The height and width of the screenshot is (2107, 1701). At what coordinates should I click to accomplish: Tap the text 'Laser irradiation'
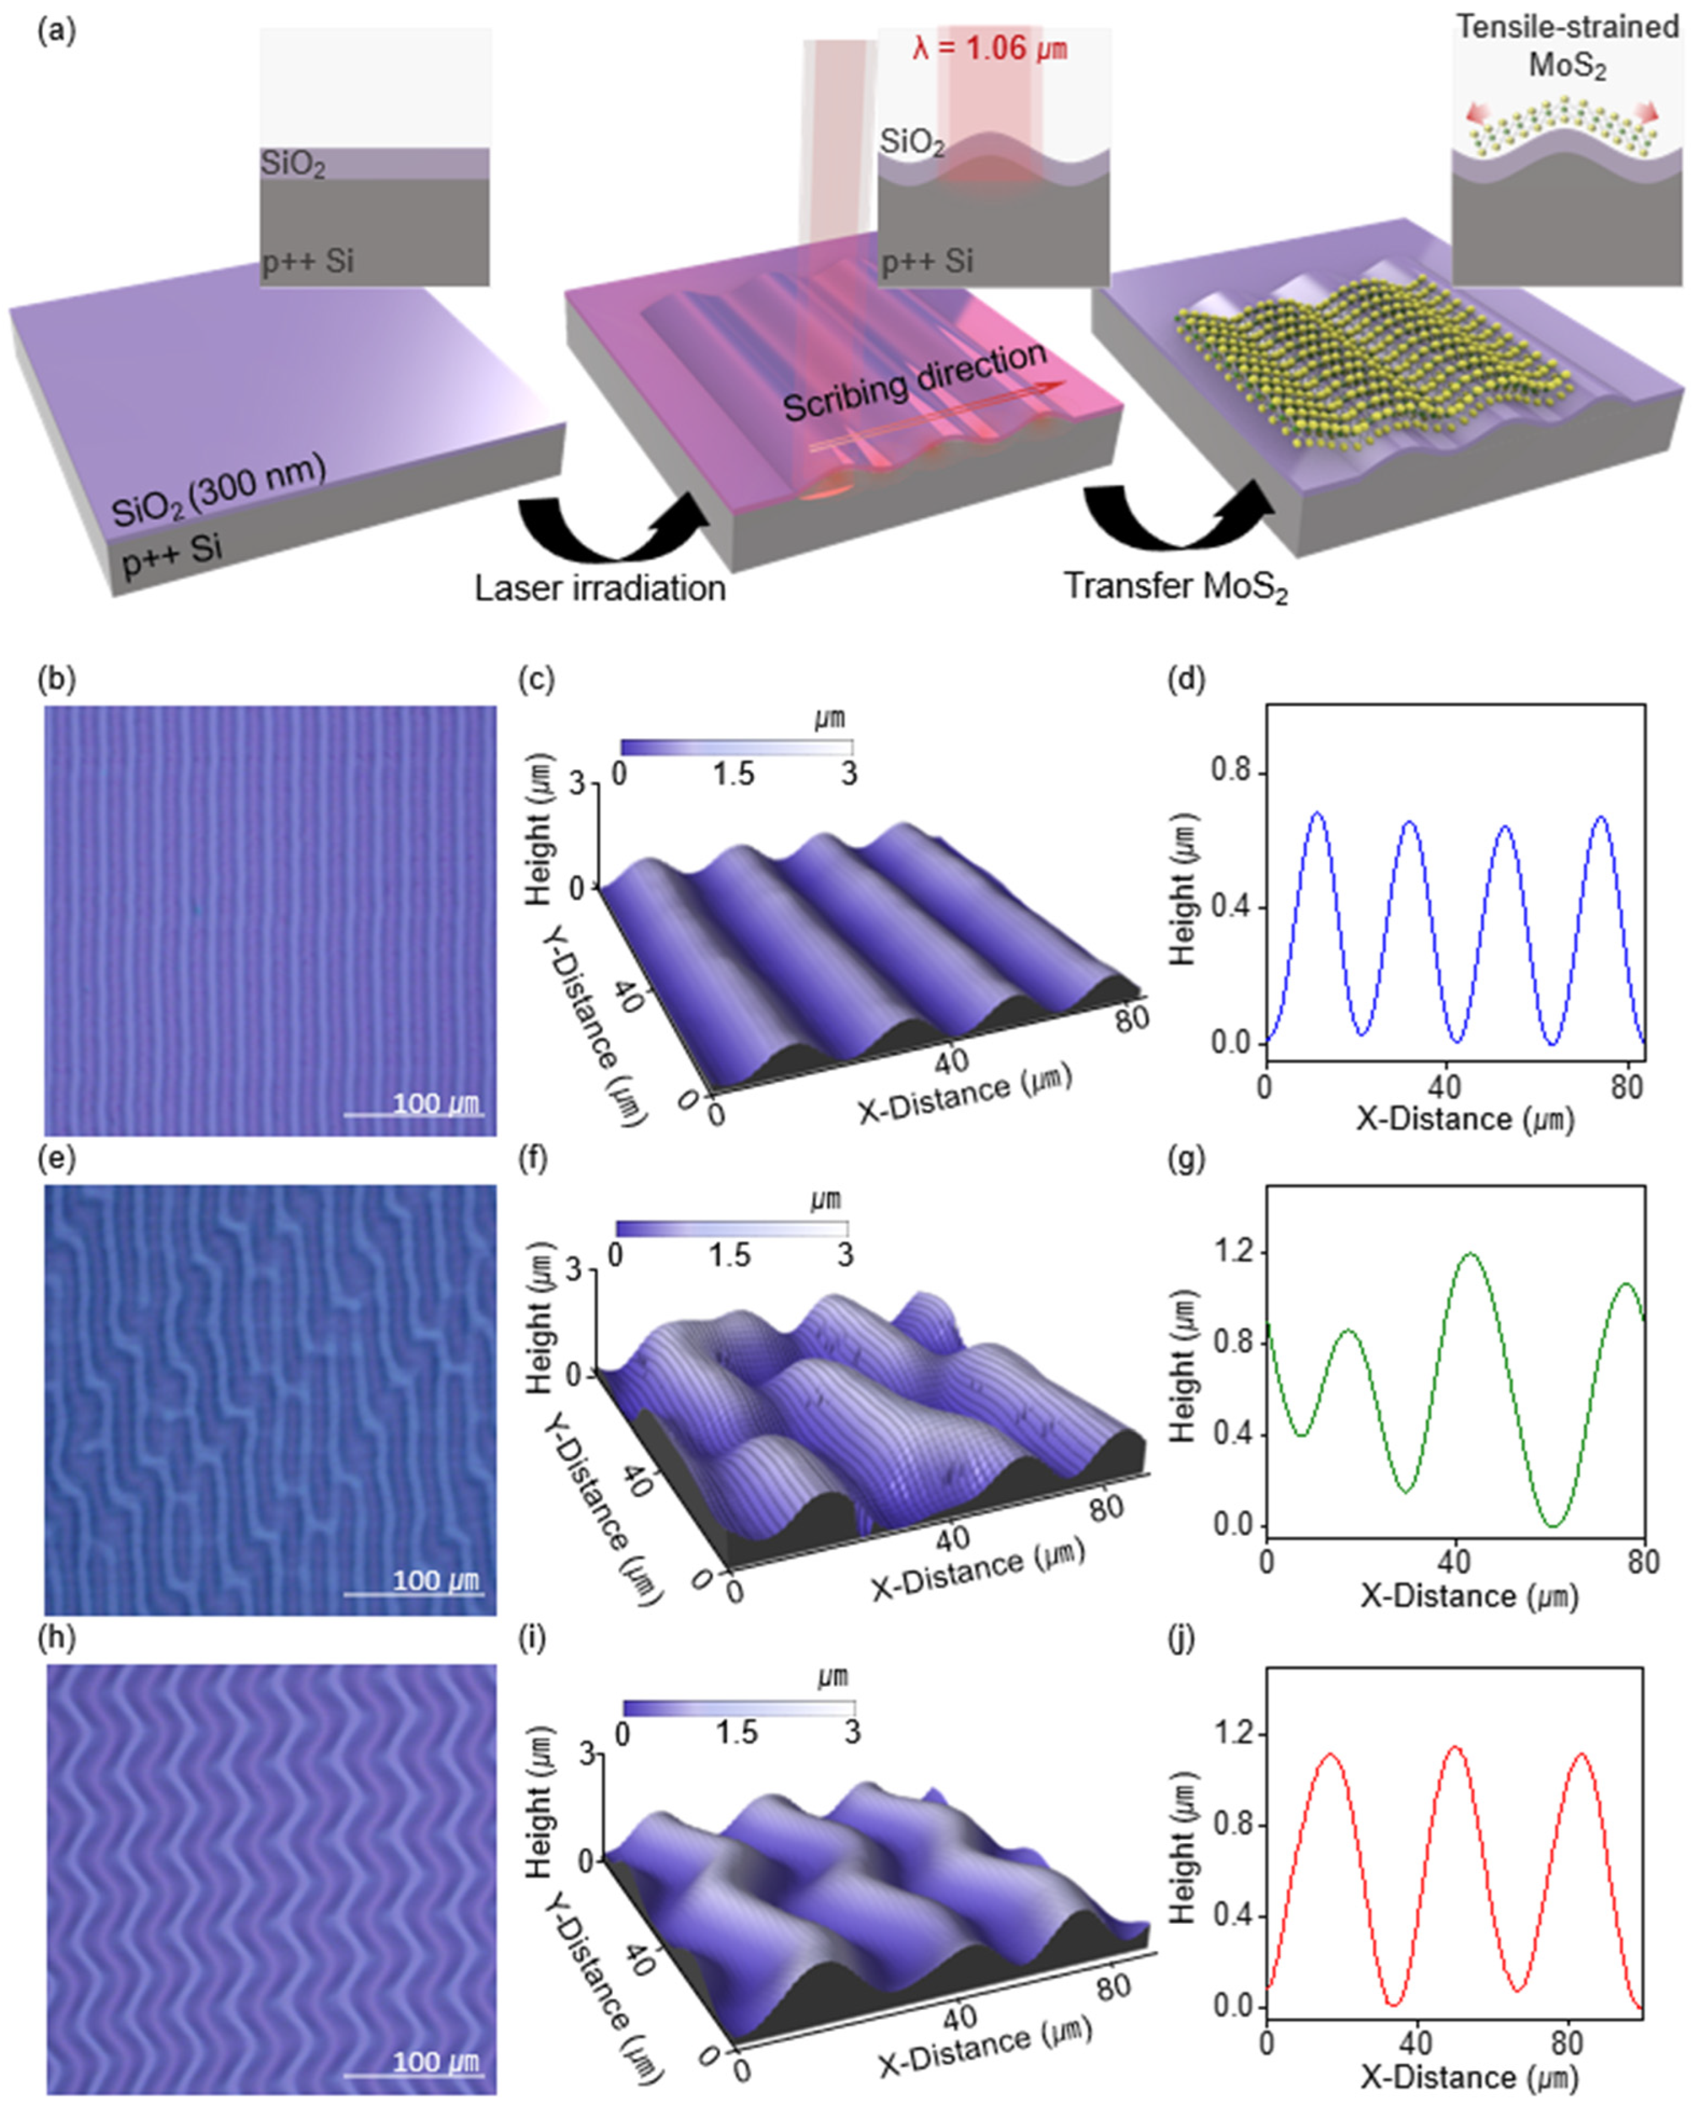coord(600,588)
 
